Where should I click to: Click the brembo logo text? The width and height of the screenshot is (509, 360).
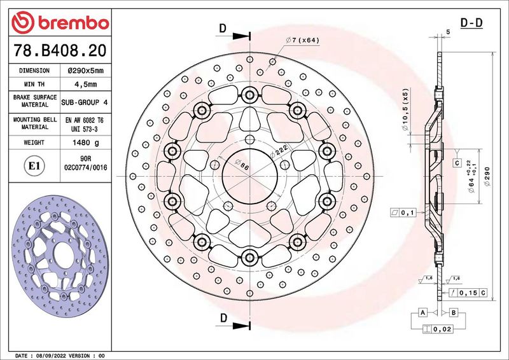coord(73,23)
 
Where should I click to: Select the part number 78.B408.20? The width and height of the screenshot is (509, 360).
coord(60,50)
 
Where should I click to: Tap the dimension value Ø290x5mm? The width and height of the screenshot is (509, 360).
coord(85,71)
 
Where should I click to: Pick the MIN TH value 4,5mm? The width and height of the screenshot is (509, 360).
coord(85,85)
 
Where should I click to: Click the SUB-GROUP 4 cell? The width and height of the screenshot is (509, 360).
coord(85,102)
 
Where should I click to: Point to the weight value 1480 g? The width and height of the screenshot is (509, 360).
coord(85,142)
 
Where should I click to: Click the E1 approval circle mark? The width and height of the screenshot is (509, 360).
coord(34,166)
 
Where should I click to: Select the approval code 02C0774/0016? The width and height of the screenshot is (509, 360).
coord(85,168)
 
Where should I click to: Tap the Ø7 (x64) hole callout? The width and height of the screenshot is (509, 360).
coord(303,40)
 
